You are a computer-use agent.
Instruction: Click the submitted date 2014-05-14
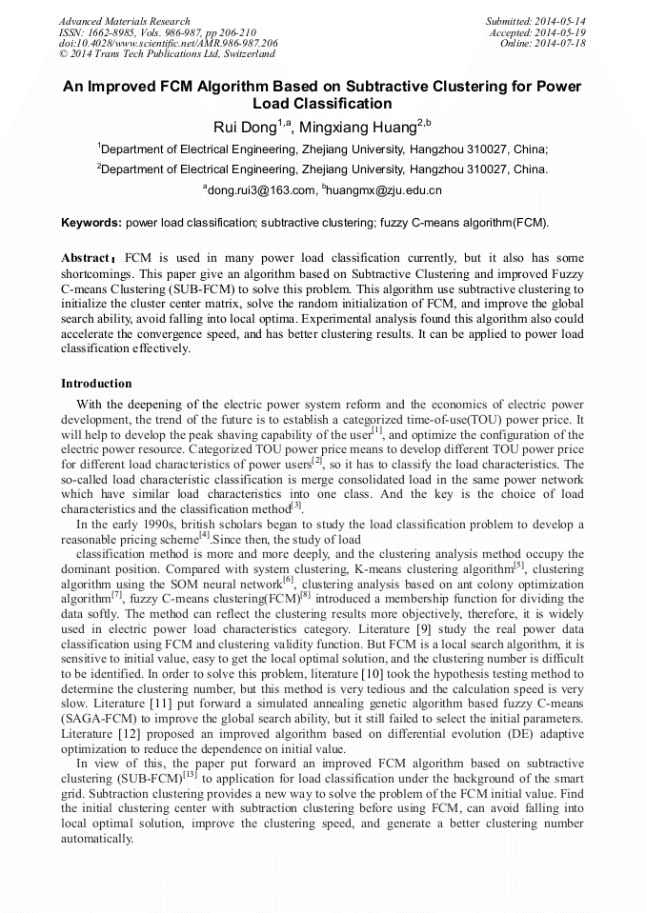click(x=560, y=21)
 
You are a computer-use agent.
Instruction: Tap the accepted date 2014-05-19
click(x=560, y=32)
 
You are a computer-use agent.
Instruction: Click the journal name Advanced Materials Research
click(x=124, y=21)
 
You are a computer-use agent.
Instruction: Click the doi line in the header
click(x=168, y=43)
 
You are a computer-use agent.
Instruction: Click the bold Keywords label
click(x=91, y=223)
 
